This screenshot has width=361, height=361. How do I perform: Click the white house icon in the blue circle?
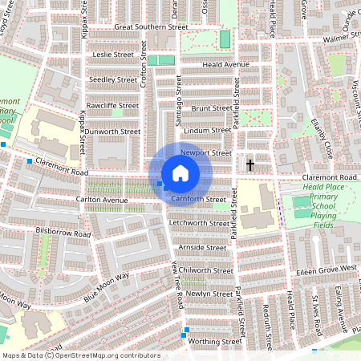coord(180,173)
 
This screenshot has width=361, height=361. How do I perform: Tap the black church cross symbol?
coord(250,165)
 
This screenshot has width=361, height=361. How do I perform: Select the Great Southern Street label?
coord(146,26)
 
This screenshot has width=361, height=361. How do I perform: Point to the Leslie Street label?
coord(113,55)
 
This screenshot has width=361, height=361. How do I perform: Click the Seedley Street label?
coord(113,80)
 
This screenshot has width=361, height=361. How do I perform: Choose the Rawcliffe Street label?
coord(112,106)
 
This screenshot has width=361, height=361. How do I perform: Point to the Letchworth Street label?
coord(200,222)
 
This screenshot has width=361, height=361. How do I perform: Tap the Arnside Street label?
coord(203,248)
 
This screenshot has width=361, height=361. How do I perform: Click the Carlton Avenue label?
coord(102,200)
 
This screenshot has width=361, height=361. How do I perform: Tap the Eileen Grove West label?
coord(326,268)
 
